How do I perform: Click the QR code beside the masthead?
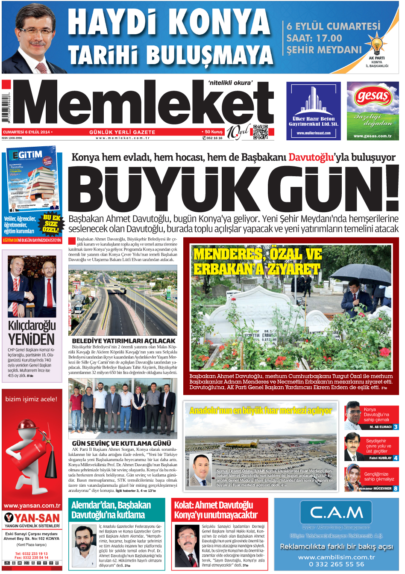coord(260,132)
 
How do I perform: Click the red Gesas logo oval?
coord(373,97)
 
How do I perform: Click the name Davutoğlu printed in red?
coord(311,157)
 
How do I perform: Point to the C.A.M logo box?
coord(336,512)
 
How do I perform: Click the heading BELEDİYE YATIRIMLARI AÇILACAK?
coord(123,341)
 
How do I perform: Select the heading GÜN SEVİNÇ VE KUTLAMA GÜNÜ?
coord(121,444)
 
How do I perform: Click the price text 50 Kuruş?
coord(213,132)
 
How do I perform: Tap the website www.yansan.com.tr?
coord(32,505)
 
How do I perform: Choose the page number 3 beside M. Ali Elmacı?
coord(396,427)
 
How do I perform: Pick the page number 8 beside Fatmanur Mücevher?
coord(396,488)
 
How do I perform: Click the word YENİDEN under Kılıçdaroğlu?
coord(32,340)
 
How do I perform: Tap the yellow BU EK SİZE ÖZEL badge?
coord(51,223)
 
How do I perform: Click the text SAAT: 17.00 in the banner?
coord(314,38)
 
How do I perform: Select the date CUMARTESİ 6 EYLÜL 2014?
coord(26,132)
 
